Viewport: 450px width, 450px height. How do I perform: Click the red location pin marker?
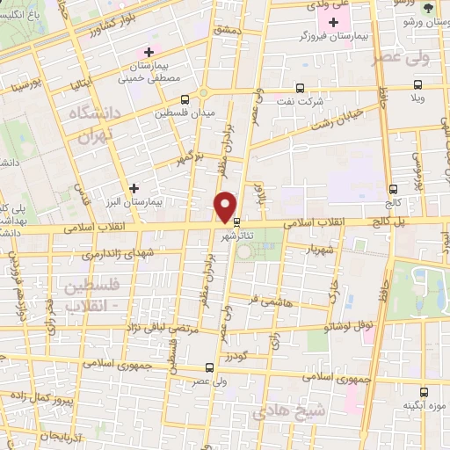point(227,207)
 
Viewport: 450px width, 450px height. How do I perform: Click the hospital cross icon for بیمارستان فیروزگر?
point(333,21)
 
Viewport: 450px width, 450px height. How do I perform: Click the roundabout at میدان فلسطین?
point(204,94)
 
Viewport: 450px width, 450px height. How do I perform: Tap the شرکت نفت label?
point(330,101)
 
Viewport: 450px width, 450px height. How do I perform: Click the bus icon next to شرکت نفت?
point(300,88)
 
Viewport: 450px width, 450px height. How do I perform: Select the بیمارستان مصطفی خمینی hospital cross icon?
point(149,52)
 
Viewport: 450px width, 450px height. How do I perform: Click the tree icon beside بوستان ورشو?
point(428,7)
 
